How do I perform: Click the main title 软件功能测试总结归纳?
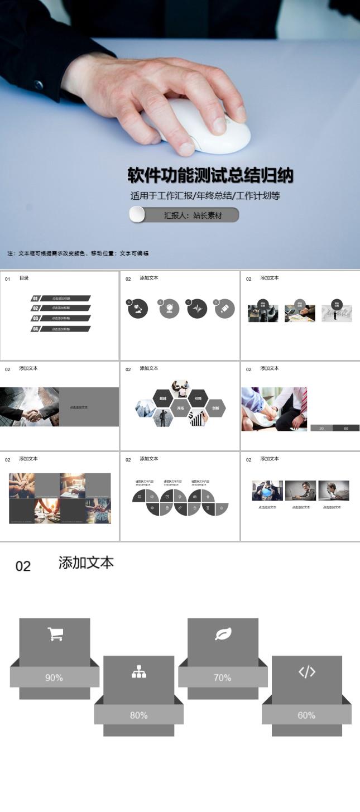coord(210,176)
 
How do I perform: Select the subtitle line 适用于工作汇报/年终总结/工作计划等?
coord(205,196)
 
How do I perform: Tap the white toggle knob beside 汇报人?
coord(137,215)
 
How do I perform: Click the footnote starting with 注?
coord(78,253)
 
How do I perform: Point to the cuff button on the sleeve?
coord(38,85)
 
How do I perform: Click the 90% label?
coord(54,678)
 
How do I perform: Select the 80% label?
coord(138,715)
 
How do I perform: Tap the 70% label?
coord(222,678)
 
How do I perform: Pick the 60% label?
coord(306,715)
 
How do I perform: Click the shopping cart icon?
coord(55,634)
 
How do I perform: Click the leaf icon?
coord(223,634)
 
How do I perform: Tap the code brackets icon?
coord(307,672)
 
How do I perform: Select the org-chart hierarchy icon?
coord(139,672)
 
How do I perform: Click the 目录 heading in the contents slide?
coord(24,278)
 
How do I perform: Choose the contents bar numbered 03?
coord(60,318)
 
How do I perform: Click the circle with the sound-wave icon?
coord(197,308)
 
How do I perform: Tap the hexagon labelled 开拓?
coord(180,408)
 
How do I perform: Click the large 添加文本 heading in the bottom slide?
coord(86,563)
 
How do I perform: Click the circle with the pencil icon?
coord(225,308)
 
